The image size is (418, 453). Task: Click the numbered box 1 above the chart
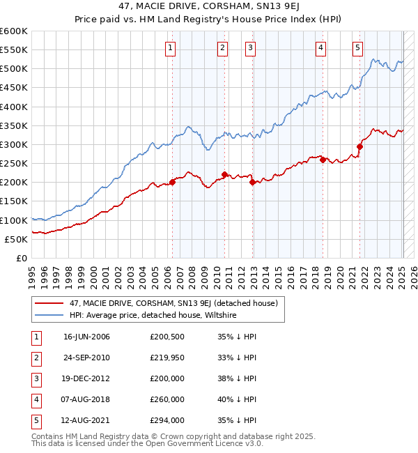(171, 48)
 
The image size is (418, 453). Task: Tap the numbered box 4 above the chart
(320, 48)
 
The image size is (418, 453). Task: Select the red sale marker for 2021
(360, 146)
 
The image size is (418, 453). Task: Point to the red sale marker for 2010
(224, 174)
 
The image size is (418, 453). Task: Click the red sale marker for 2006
(172, 182)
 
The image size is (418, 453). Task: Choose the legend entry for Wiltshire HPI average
(153, 316)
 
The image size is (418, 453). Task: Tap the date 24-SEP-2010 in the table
(86, 358)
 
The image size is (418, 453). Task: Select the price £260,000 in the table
(167, 399)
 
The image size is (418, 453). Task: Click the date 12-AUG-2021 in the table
(86, 420)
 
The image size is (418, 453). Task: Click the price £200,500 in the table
(167, 337)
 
